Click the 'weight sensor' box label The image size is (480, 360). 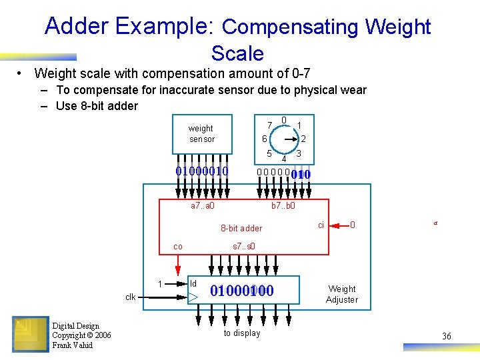coord(201,133)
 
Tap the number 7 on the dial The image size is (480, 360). coord(269,125)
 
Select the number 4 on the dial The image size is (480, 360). coord(283,159)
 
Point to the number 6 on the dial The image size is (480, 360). coord(264,139)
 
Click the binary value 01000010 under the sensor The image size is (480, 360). coord(201,171)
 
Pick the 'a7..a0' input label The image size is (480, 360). coord(203,206)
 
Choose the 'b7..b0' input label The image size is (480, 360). coord(283,206)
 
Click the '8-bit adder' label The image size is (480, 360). coord(241,228)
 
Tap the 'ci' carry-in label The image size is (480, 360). coord(321,225)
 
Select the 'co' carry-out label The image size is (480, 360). coord(178,247)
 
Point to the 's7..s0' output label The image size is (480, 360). coord(243,247)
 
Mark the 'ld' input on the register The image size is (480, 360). coord(194,283)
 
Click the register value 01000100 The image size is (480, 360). coord(242,291)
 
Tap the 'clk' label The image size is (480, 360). coord(130,297)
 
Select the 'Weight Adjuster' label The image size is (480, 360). coord(342,294)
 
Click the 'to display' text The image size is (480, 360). coord(242,333)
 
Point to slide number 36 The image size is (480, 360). coord(447,336)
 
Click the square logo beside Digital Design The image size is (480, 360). coord(30,334)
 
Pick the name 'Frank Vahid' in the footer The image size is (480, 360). coord(73,345)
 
